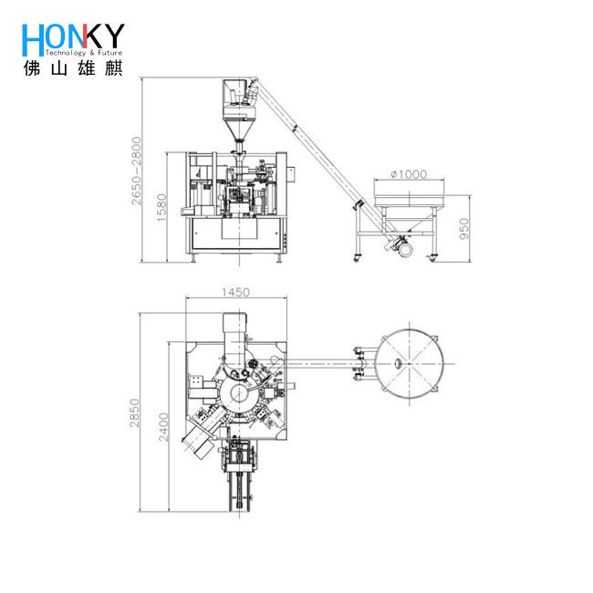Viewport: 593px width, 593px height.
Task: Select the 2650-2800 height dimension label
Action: (135, 171)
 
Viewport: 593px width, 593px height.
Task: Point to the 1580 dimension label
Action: (161, 208)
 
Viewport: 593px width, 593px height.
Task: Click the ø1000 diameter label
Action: (408, 174)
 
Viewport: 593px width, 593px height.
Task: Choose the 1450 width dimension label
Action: (234, 292)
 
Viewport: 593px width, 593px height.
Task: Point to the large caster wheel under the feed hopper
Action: (401, 244)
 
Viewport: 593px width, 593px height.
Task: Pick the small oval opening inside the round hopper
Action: (398, 364)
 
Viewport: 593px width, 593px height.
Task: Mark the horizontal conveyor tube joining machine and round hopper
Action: (324, 358)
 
